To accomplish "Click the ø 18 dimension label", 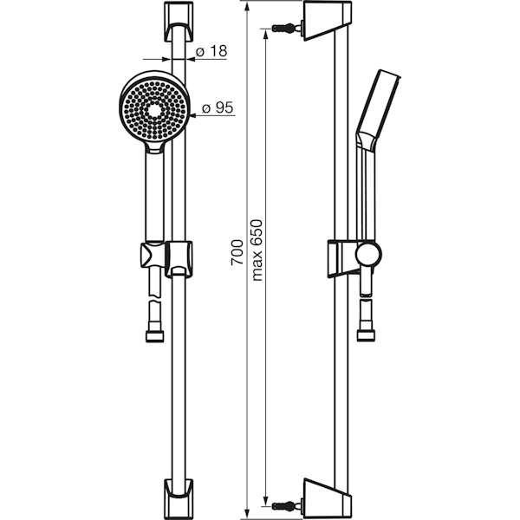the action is (211, 51).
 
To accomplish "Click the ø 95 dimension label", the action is (218, 107).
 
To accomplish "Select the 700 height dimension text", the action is (237, 252).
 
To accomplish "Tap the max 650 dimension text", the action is (257, 250).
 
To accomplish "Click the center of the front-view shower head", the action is (154, 109).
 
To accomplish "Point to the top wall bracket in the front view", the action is (179, 22).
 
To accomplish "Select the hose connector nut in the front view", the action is (155, 336).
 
